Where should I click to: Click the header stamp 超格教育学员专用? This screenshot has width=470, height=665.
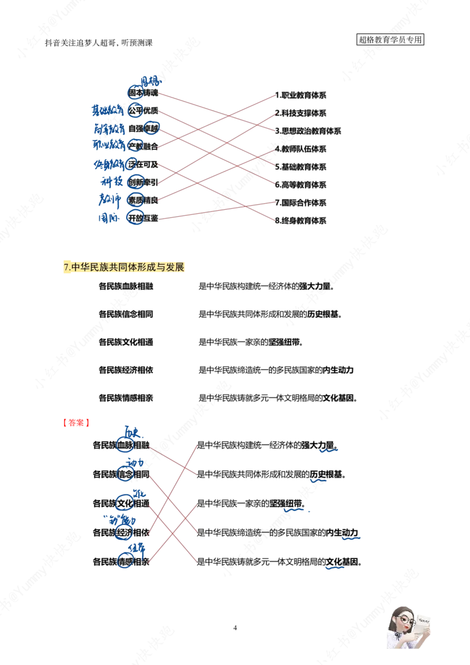(x=391, y=40)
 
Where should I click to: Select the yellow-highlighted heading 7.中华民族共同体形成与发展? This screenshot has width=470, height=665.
(x=125, y=267)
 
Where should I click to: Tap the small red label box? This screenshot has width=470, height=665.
(x=75, y=422)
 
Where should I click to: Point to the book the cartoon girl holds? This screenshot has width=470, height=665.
(x=423, y=626)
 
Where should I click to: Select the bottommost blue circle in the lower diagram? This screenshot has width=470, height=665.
(x=125, y=560)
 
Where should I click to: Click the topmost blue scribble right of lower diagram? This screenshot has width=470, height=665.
(x=329, y=451)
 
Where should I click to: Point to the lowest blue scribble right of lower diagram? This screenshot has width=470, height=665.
(x=335, y=568)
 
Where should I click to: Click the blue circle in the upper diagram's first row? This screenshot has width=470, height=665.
(x=135, y=93)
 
